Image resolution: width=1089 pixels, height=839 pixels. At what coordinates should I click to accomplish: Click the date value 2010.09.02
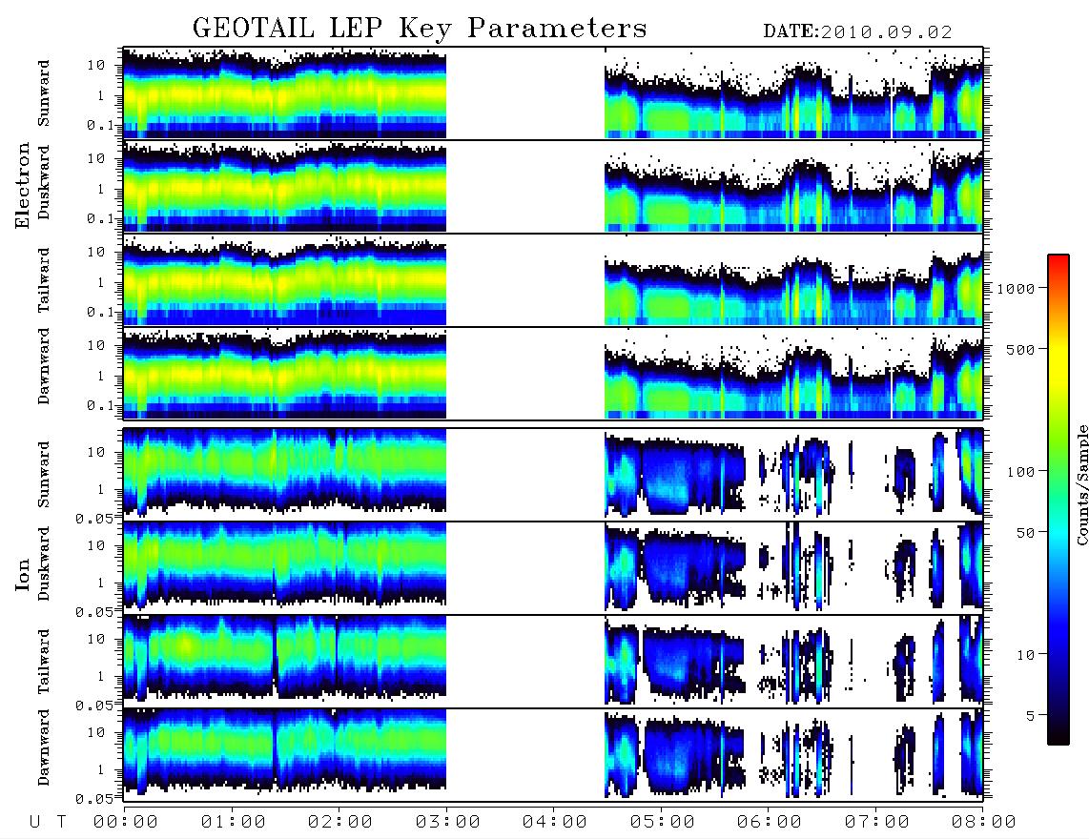tap(886, 32)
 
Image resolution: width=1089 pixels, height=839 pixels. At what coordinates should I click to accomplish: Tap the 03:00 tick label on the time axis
tap(447, 822)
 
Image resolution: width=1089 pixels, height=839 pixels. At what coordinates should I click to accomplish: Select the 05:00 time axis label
tap(662, 822)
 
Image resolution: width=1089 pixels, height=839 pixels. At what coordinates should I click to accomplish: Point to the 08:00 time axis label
tap(983, 822)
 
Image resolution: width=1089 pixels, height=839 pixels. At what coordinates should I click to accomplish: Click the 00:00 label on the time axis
tap(126, 822)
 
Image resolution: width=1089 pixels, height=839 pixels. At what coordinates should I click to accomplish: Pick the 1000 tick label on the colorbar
tap(1016, 289)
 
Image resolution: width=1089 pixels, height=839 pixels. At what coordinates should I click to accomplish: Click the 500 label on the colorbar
tap(1020, 349)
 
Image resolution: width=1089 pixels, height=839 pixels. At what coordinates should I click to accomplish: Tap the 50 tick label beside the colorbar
tap(1025, 533)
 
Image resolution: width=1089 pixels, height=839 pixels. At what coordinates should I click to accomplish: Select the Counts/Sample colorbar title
tap(1082, 484)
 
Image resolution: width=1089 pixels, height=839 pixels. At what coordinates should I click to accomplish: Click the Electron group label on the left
tap(22, 185)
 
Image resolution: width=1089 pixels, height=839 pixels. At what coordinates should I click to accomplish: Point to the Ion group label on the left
tap(22, 574)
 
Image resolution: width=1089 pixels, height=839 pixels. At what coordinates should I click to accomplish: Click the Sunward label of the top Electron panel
tap(44, 93)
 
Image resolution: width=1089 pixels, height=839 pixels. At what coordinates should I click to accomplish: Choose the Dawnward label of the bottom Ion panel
tap(44, 747)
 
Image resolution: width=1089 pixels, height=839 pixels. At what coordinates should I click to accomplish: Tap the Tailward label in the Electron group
tap(44, 280)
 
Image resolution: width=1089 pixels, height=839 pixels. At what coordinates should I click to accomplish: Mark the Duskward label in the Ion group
tap(44, 563)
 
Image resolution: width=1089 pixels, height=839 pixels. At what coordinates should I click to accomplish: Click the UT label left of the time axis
tap(48, 822)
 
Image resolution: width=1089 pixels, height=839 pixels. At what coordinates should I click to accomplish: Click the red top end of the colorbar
tap(1058, 257)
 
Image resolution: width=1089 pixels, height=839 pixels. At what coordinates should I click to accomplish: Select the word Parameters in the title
tap(557, 29)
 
